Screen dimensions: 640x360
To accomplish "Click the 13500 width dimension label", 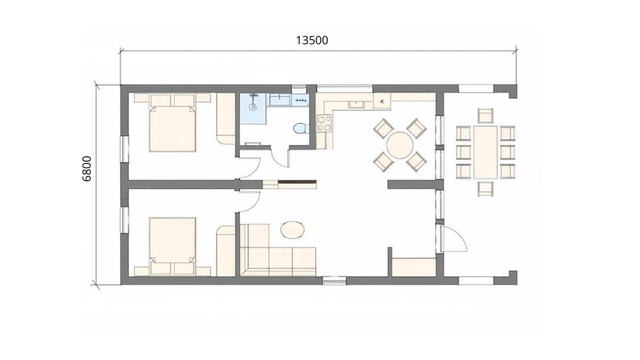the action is point(312,40).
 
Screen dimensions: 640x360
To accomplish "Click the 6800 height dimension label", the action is point(87,169).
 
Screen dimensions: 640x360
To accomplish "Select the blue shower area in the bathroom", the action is point(253,109).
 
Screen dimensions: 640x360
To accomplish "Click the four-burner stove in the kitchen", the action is point(324,123).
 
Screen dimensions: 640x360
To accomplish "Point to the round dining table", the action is point(400,145).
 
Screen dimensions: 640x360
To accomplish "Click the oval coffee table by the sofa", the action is point(292,229).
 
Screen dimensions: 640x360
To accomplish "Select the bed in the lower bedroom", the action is point(172,246).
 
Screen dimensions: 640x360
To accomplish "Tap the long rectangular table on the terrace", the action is point(485,152).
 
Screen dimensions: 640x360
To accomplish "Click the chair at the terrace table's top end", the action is point(485,116).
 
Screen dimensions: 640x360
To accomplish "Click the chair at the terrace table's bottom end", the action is point(485,189).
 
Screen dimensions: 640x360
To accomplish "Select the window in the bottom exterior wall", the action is point(334,280).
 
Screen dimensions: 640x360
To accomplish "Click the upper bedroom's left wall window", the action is point(125,149).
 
